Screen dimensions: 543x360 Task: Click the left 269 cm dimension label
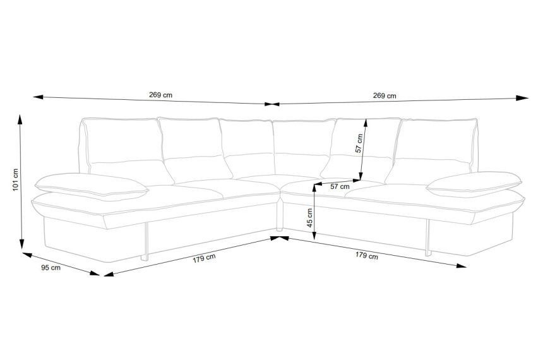point(160,95)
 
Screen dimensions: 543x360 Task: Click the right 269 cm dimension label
point(385,95)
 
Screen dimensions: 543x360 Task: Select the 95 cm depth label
point(51,268)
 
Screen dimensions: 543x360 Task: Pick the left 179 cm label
point(205,258)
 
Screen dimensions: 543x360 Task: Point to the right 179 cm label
point(366,255)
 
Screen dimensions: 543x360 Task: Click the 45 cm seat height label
point(310,218)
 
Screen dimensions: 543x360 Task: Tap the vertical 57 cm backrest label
point(359,143)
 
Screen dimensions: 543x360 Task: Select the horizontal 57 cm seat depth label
point(340,186)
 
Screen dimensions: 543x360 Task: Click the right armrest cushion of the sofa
point(474,183)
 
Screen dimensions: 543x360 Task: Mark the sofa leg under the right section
point(428,237)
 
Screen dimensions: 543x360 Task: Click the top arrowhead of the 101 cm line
point(20,119)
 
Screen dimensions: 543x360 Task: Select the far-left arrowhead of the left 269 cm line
point(38,97)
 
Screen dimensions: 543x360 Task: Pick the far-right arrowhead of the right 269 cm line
point(522,98)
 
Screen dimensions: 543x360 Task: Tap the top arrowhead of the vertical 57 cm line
point(366,124)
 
